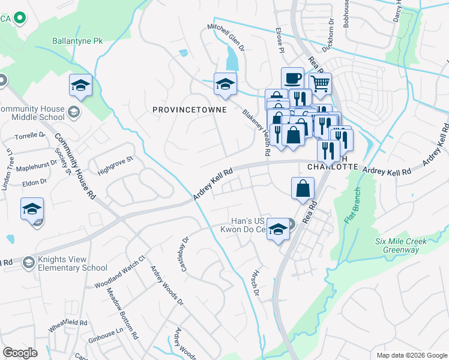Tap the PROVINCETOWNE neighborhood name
click(x=189, y=110)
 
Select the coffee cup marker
click(x=292, y=79)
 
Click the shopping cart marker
click(x=321, y=83)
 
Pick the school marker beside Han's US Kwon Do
click(x=277, y=230)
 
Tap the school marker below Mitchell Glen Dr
click(x=225, y=84)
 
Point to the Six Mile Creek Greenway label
click(x=400, y=245)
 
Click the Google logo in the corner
click(x=20, y=352)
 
